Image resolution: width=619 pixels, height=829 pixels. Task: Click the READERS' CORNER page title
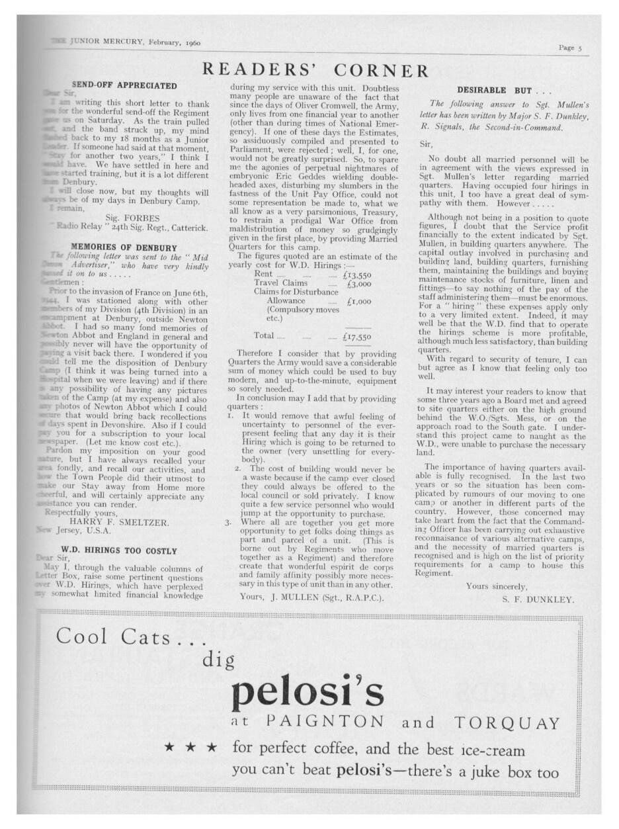(x=315, y=70)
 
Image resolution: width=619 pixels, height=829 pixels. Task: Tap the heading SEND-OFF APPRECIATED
(x=124, y=86)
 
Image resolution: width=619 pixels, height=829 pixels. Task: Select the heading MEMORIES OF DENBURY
(x=124, y=247)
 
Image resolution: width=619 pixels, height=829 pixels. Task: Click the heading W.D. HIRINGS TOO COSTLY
(x=119, y=550)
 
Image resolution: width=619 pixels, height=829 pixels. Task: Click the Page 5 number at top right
(x=569, y=47)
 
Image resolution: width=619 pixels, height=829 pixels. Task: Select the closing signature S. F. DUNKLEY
(x=538, y=600)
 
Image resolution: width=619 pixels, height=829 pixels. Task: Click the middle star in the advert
(x=191, y=749)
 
